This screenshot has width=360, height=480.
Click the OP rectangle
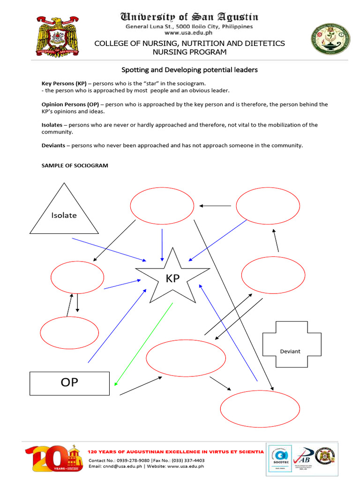tap(69, 383)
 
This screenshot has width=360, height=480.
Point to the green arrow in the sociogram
tap(143, 345)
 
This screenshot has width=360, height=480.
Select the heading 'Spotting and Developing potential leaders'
tap(189, 70)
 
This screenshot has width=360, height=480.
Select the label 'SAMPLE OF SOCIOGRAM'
tap(75, 165)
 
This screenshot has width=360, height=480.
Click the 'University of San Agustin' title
tap(189, 17)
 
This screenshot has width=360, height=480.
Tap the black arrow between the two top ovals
tap(215, 205)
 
